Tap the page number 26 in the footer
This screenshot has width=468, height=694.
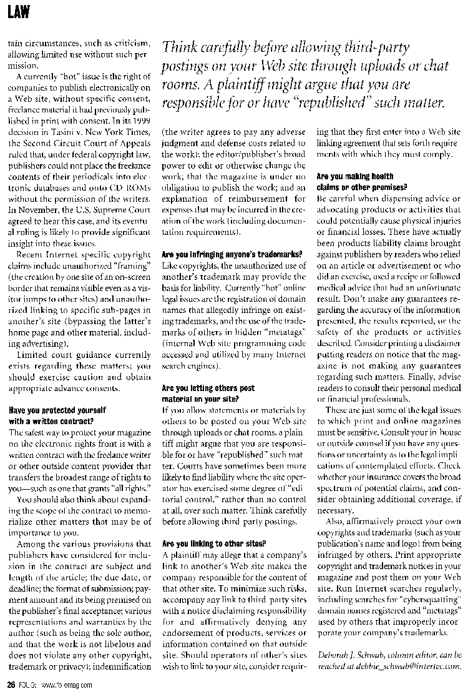pyautogui.click(x=10, y=685)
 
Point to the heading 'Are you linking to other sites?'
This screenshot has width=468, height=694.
pyautogui.click(x=213, y=543)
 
